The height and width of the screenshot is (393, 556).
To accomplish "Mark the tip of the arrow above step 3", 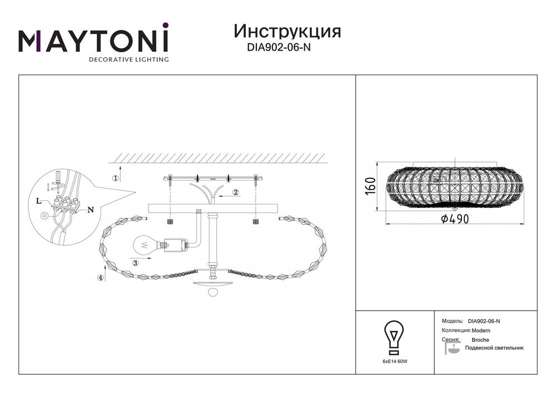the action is [x=152, y=258].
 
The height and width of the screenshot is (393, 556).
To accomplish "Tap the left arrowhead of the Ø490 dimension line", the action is [x=386, y=224].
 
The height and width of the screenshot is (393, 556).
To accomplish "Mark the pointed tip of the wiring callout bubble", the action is [x=136, y=193].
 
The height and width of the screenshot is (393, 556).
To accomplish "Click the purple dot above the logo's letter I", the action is [x=165, y=26].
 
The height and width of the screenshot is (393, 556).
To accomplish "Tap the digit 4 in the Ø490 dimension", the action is [x=451, y=219].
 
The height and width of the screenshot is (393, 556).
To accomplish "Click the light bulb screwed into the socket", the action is [x=145, y=245].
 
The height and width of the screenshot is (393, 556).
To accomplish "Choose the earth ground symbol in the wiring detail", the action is [x=44, y=216].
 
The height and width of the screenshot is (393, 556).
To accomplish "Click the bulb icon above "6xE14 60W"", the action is [x=394, y=337].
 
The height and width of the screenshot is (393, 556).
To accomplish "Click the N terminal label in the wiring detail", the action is [x=91, y=210].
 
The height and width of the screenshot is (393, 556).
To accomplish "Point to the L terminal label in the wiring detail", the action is [x=38, y=201].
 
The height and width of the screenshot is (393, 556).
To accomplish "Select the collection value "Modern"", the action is [x=481, y=331].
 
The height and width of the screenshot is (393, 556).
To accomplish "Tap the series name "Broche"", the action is [x=480, y=340].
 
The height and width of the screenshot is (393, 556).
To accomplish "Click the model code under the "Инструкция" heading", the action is [x=279, y=47].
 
